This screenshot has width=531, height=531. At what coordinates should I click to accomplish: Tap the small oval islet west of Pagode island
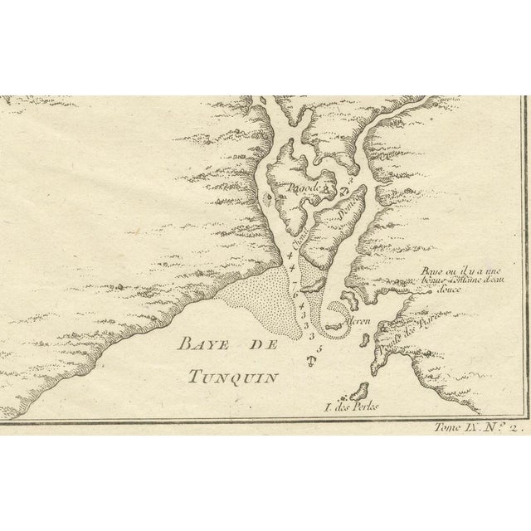pyautogui.click(x=267, y=200)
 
